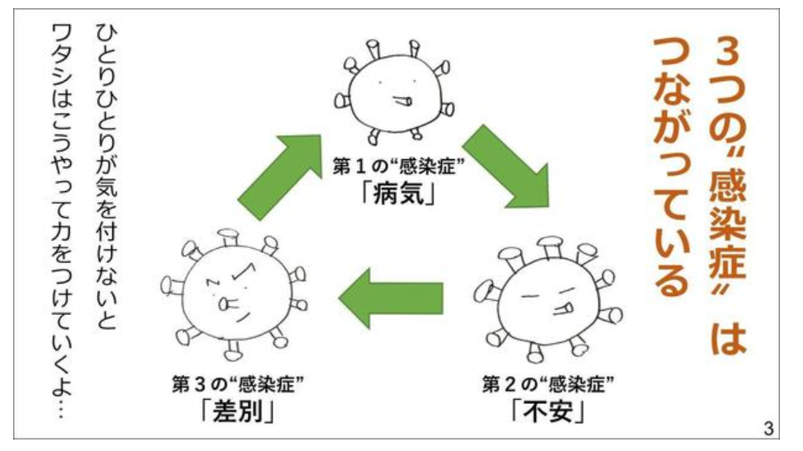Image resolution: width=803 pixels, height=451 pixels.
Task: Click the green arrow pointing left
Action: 391,298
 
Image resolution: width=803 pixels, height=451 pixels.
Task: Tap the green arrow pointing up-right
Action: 280,176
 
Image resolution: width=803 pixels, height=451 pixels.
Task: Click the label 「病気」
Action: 398,194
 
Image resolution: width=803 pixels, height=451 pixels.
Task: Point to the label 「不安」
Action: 548,410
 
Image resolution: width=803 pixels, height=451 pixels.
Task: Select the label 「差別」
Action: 238,410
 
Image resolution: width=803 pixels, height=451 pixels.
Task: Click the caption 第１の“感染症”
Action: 398,167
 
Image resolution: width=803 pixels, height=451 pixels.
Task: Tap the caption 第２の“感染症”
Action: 548,383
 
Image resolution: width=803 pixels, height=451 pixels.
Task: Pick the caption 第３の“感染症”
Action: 238,383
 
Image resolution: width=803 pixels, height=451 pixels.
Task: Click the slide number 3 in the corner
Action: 768,427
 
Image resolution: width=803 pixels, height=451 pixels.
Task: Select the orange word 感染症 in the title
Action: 728,225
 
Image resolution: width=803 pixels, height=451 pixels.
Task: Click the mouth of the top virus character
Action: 402,101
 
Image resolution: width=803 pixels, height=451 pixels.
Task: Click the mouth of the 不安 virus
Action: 563,308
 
